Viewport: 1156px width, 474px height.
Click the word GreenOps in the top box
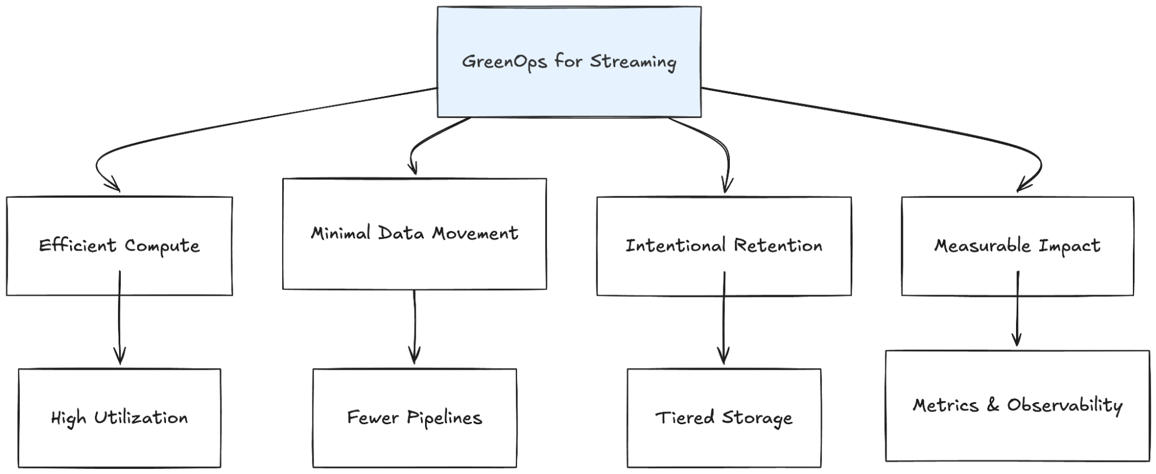(x=504, y=61)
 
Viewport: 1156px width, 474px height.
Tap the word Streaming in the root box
(x=633, y=61)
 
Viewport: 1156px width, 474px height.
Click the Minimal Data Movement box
(x=414, y=233)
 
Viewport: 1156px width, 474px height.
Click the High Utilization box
(x=119, y=417)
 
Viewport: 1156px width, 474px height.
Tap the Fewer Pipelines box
(x=414, y=417)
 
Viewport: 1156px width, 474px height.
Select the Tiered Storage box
(x=723, y=417)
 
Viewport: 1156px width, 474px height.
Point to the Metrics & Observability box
(x=1017, y=405)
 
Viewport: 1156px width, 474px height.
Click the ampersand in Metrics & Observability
(x=993, y=405)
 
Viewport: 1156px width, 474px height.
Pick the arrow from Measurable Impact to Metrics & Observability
(x=1017, y=310)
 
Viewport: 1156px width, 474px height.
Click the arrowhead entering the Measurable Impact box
(x=1023, y=186)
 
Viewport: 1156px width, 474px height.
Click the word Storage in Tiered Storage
(x=757, y=417)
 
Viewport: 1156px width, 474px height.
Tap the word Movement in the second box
(x=475, y=233)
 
